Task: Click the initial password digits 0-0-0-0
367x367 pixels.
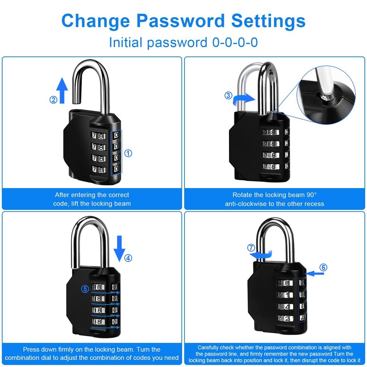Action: pos(235,43)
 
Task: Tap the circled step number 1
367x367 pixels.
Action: pos(128,153)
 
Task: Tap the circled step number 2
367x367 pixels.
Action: pos(54,100)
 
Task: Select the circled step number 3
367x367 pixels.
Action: pos(228,95)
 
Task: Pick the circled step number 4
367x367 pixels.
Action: pos(129,257)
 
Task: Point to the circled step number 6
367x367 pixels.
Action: pos(323,267)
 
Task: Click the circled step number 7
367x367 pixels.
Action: pos(251,248)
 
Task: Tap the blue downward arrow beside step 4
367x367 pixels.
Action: pos(119,248)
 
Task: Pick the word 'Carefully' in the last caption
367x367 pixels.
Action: pos(211,347)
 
